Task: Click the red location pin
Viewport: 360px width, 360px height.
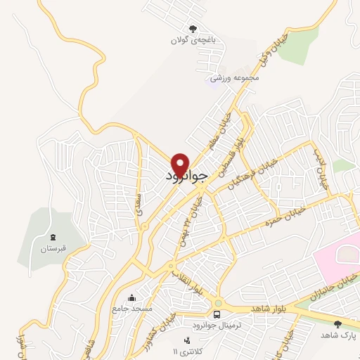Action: pyautogui.click(x=181, y=165)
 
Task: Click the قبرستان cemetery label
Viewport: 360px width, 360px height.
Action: pyautogui.click(x=53, y=248)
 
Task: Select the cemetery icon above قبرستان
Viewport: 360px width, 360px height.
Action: pyautogui.click(x=53, y=236)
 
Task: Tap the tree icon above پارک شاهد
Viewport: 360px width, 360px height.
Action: pyautogui.click(x=337, y=323)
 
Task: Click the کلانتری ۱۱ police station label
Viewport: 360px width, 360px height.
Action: pyautogui.click(x=186, y=351)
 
